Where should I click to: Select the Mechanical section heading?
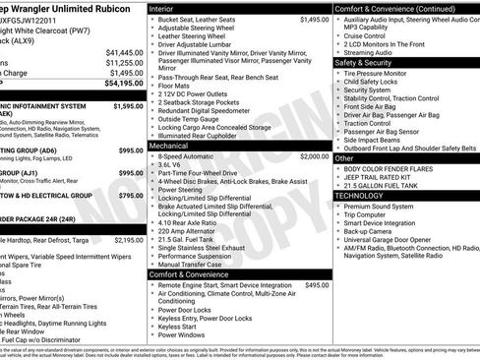coord(172,145)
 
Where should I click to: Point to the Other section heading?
coord(344,157)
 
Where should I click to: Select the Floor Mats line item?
coord(174,88)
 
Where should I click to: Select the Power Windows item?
coord(183,334)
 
